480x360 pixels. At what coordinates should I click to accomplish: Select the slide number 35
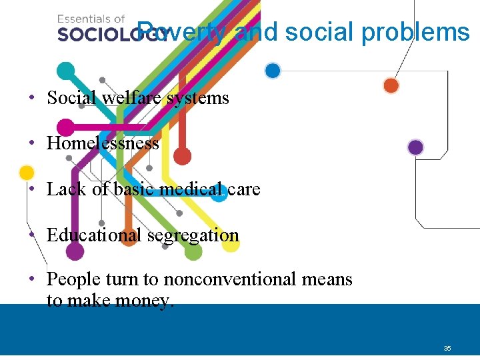pos(447,349)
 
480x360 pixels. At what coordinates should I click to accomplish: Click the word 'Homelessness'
pos(103,143)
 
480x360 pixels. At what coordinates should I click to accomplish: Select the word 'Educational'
pos(94,235)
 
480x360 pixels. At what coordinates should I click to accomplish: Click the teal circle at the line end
pos(66,69)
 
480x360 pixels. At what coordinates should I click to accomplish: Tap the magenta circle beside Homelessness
pos(65,126)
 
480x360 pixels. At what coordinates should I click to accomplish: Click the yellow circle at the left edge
pos(27,173)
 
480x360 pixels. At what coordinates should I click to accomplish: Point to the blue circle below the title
pos(272,70)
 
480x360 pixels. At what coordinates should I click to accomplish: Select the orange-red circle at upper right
pos(391,85)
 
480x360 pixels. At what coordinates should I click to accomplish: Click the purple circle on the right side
pos(415,147)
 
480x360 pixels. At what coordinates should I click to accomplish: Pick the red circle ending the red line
pos(182,156)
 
